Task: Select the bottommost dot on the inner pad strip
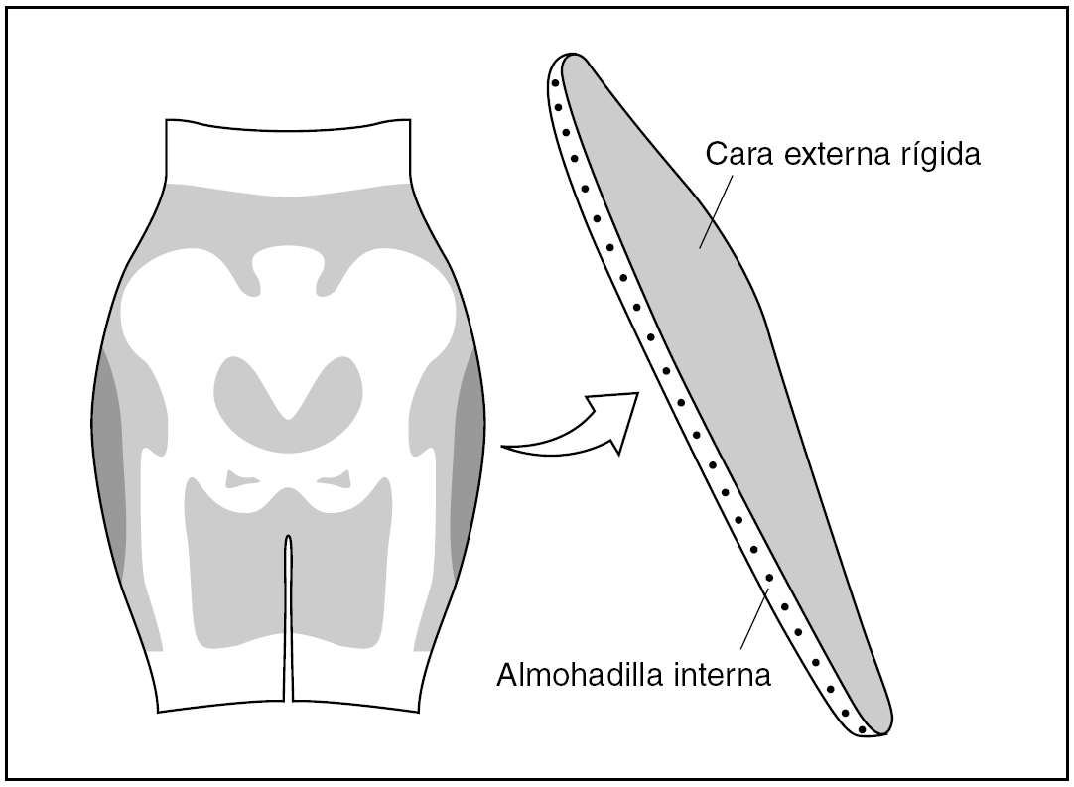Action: click(862, 729)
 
